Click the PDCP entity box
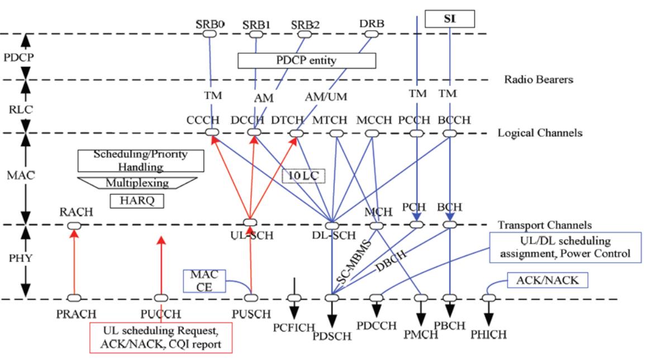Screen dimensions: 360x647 (307, 60)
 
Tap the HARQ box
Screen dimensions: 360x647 (136, 200)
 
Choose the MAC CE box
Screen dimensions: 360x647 (204, 280)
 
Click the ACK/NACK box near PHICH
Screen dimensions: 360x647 (548, 280)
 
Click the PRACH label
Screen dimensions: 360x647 (74, 313)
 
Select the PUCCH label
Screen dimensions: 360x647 (161, 313)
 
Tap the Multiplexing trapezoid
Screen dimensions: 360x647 (137, 183)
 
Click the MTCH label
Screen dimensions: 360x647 (335, 120)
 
